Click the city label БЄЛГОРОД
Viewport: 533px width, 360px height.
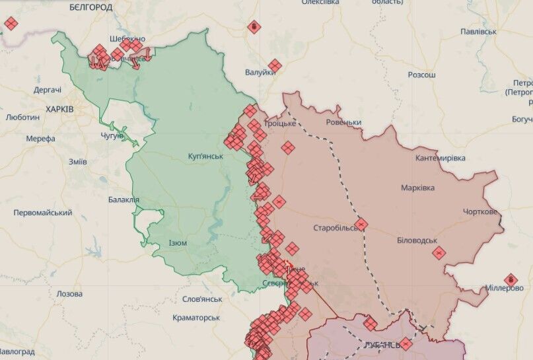90,7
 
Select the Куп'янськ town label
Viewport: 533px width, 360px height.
205,157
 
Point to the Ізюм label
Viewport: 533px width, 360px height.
178,242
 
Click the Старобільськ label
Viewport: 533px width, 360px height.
338,228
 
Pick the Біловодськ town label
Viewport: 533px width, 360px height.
417,240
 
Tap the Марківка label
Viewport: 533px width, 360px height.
418,188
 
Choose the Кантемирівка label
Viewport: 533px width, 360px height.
441,158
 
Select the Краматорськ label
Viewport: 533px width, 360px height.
196,318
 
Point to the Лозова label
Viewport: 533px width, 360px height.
69,293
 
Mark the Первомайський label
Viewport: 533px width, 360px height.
43,213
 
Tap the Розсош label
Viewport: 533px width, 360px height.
421,75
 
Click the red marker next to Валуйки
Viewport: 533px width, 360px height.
275,65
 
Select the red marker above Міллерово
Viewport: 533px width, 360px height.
511,279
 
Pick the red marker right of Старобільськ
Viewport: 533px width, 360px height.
361,225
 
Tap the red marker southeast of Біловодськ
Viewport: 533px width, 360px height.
439,252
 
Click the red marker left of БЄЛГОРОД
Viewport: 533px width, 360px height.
11,24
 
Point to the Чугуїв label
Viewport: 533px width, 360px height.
112,135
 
